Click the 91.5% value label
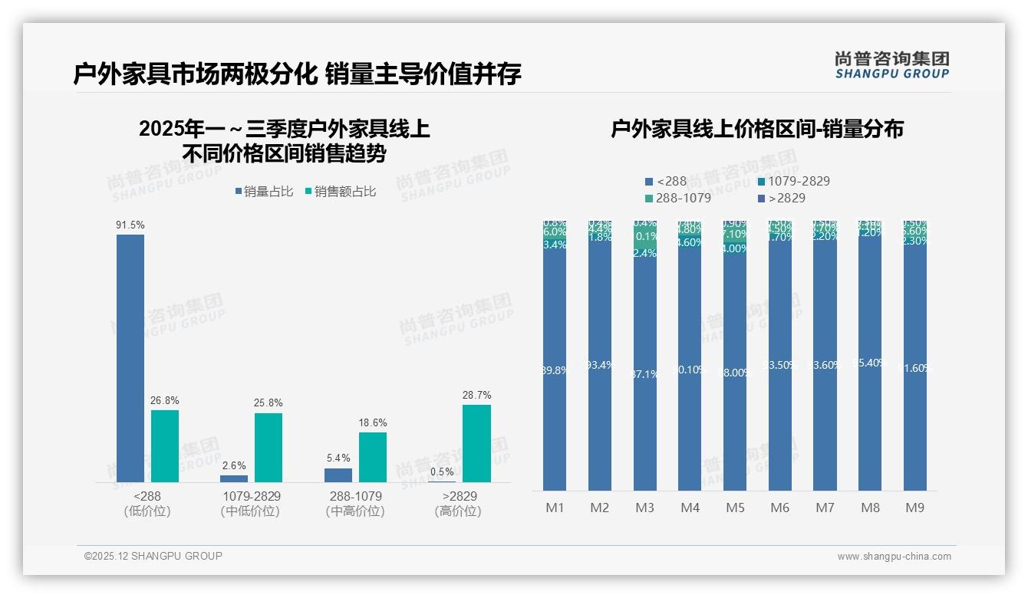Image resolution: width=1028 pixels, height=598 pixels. (x=130, y=225)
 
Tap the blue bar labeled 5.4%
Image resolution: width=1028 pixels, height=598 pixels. (x=338, y=475)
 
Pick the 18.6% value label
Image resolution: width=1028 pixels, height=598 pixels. (x=373, y=422)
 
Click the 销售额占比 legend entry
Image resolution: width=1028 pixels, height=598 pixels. (x=341, y=192)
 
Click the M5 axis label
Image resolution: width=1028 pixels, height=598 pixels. (x=734, y=508)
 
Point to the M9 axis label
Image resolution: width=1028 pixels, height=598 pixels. (x=914, y=508)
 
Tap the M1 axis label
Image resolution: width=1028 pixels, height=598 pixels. (x=555, y=508)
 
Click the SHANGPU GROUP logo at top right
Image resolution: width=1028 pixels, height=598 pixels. (x=892, y=64)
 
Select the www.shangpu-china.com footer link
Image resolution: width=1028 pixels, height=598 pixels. (x=894, y=556)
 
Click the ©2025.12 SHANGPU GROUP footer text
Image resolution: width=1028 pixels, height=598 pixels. (x=153, y=556)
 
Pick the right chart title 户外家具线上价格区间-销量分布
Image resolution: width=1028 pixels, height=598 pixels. (x=756, y=129)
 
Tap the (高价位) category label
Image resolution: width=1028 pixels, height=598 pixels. (x=457, y=511)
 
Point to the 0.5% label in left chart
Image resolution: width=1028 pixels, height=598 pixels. (x=442, y=472)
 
